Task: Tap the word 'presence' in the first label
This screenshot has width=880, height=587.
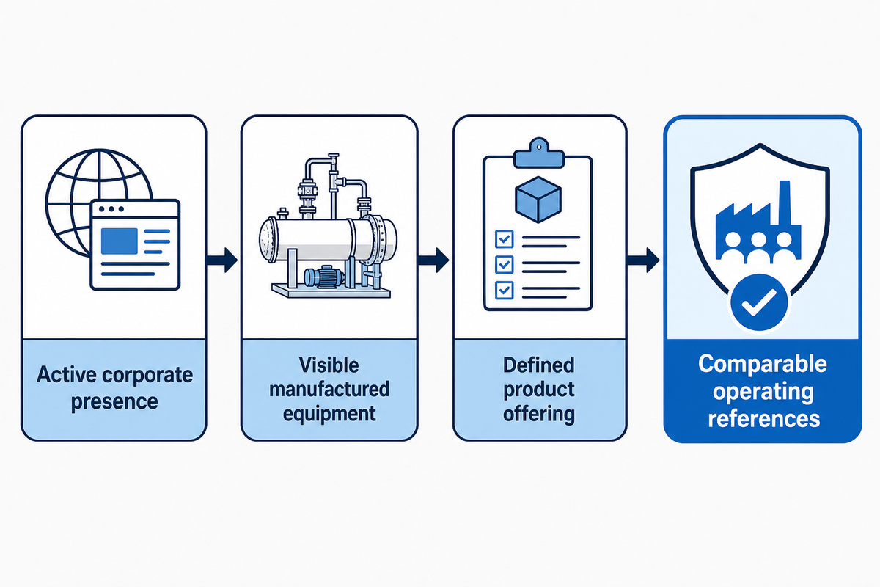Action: pos(114,402)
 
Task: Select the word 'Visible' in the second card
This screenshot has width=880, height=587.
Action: pos(329,365)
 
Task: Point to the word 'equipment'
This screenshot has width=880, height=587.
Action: pos(329,415)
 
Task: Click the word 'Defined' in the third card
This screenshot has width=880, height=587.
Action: pos(538,365)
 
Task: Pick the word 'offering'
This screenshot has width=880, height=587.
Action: pos(538,415)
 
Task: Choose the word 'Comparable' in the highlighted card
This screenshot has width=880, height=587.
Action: pos(763,364)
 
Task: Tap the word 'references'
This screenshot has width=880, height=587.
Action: pos(763,418)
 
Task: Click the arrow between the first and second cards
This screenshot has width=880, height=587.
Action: pos(222,260)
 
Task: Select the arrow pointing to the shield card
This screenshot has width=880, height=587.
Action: pos(643,260)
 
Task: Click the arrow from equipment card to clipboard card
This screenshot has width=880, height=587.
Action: pos(433,260)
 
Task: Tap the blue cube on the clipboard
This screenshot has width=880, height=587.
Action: pos(538,200)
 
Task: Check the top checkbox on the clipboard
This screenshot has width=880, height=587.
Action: pos(504,238)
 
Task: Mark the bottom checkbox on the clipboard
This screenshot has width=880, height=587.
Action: pos(504,290)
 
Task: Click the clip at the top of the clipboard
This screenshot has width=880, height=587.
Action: pos(538,153)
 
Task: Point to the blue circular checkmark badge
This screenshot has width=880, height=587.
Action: pos(759,303)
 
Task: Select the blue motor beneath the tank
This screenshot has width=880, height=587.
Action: pos(324,277)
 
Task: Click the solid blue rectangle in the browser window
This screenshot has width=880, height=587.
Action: pos(120,241)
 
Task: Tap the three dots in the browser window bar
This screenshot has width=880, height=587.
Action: pos(111,209)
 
